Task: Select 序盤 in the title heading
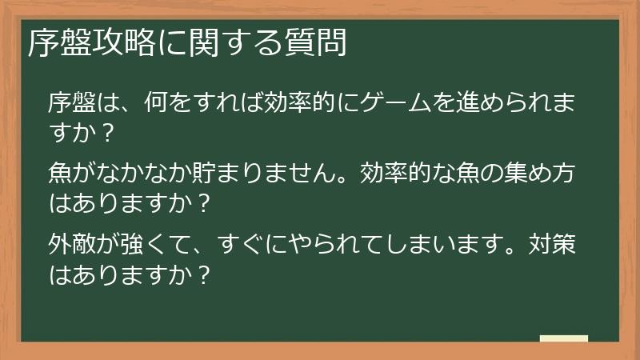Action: pyautogui.click(x=57, y=44)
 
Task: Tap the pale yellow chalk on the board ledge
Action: pyautogui.click(x=563, y=338)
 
